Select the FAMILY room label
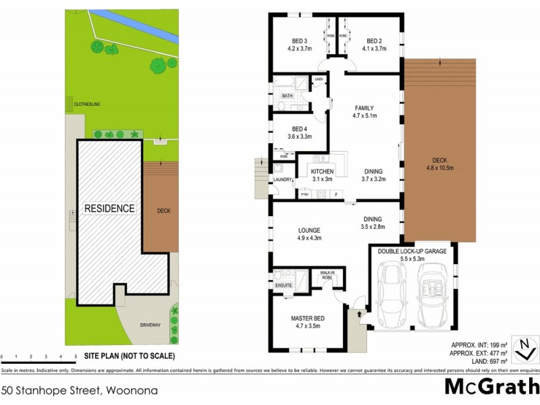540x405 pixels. click(x=363, y=108)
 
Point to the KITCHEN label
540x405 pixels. click(x=322, y=172)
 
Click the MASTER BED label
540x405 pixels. click(x=307, y=319)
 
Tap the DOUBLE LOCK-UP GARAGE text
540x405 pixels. click(x=412, y=251)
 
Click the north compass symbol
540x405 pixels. click(x=524, y=350)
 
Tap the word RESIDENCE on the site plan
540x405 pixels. click(x=109, y=209)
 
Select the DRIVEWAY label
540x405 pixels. click(x=150, y=325)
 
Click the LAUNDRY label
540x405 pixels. click(x=283, y=180)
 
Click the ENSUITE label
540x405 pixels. click(x=283, y=286)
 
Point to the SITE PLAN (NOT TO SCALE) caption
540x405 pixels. click(x=130, y=356)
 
